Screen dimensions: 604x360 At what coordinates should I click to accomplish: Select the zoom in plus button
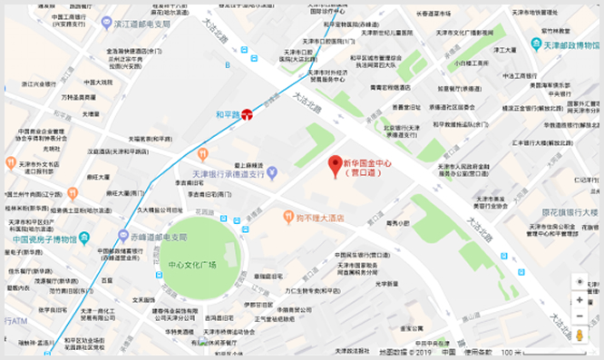[580, 299]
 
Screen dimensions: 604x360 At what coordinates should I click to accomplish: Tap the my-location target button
[580, 282]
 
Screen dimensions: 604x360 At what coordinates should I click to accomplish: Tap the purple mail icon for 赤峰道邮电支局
[123, 236]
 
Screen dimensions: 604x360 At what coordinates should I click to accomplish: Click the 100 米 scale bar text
[512, 352]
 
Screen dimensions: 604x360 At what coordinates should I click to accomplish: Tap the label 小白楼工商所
[473, 63]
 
